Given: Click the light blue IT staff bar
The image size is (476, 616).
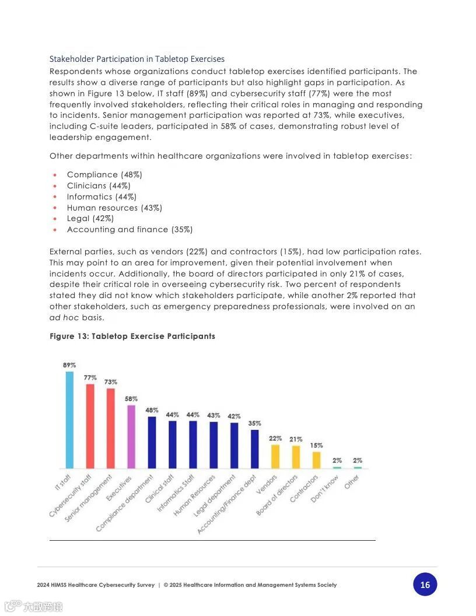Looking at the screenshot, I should [69, 420].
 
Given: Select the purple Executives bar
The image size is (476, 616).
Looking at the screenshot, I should [131, 437].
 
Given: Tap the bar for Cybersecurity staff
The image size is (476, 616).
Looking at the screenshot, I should [90, 426].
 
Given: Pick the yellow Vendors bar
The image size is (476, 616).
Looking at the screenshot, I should [275, 457].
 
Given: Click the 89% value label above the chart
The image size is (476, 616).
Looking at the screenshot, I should [69, 365].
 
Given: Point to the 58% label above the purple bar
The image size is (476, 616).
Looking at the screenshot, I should [131, 398].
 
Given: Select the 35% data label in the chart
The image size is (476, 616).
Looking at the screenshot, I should [254, 423].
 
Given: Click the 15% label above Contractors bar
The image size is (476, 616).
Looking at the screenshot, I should [316, 445].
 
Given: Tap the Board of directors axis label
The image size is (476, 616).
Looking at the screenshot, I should [278, 495].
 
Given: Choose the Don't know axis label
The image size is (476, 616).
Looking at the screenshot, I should [325, 489].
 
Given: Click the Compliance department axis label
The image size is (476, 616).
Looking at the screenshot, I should [125, 503].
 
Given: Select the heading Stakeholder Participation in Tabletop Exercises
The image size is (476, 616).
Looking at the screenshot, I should [136, 59].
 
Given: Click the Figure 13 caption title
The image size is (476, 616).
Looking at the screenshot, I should [132, 336].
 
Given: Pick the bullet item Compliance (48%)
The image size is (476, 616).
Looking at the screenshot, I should [104, 174].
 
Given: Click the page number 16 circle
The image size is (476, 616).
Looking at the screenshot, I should [425, 584].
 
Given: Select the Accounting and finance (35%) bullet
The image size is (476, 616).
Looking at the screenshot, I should [129, 229].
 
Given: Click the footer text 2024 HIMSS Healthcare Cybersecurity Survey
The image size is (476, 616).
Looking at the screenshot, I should [96, 585].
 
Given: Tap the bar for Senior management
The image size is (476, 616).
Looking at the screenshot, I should [110, 428].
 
